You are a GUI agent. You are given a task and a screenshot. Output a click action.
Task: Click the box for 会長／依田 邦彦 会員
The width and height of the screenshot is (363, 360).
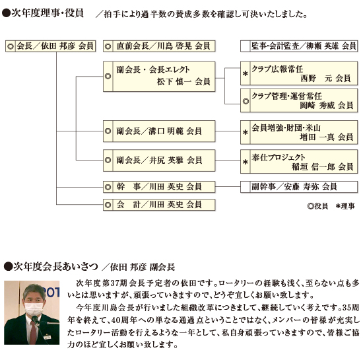[50, 46]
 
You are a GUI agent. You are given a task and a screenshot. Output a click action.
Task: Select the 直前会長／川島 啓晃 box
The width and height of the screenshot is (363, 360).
[159, 46]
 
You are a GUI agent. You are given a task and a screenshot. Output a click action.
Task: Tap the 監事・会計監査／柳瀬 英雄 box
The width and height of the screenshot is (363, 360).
[299, 46]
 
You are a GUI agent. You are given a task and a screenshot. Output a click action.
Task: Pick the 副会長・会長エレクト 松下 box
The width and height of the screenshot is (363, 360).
[159, 77]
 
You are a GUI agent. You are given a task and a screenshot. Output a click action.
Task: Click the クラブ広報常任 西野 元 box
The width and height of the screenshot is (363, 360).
[299, 73]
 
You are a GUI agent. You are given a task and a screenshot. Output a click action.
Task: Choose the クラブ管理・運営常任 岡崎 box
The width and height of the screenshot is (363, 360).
[299, 100]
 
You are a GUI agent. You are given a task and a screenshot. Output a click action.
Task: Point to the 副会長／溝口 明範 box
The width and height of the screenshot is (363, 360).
[159, 131]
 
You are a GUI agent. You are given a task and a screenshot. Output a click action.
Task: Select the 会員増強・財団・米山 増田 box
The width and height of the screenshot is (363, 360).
[299, 132]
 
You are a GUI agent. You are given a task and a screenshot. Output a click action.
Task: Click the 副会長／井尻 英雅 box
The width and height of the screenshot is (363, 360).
[159, 161]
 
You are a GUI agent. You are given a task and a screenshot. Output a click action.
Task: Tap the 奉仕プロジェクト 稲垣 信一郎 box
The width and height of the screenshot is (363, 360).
[299, 161]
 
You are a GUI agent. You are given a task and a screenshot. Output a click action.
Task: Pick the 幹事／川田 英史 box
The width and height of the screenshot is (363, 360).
[159, 187]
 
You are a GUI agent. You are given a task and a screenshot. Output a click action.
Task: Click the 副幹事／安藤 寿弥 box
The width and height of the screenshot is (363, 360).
[299, 187]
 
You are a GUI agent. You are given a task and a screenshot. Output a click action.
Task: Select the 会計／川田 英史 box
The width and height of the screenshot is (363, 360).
[159, 205]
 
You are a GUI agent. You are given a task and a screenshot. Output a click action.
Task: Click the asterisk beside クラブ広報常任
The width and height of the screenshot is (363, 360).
[245, 74]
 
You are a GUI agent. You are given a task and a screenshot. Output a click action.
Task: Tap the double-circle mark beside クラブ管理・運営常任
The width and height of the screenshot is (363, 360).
[246, 101]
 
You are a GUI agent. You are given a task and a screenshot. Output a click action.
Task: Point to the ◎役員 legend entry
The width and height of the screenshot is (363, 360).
[317, 206]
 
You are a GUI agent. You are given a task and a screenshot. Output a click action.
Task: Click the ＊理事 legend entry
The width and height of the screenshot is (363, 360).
[345, 206]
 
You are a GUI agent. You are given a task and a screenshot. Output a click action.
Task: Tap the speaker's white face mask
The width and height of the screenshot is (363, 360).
[34, 308]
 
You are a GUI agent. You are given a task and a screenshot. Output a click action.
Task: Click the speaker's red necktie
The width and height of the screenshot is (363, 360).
[33, 332]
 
